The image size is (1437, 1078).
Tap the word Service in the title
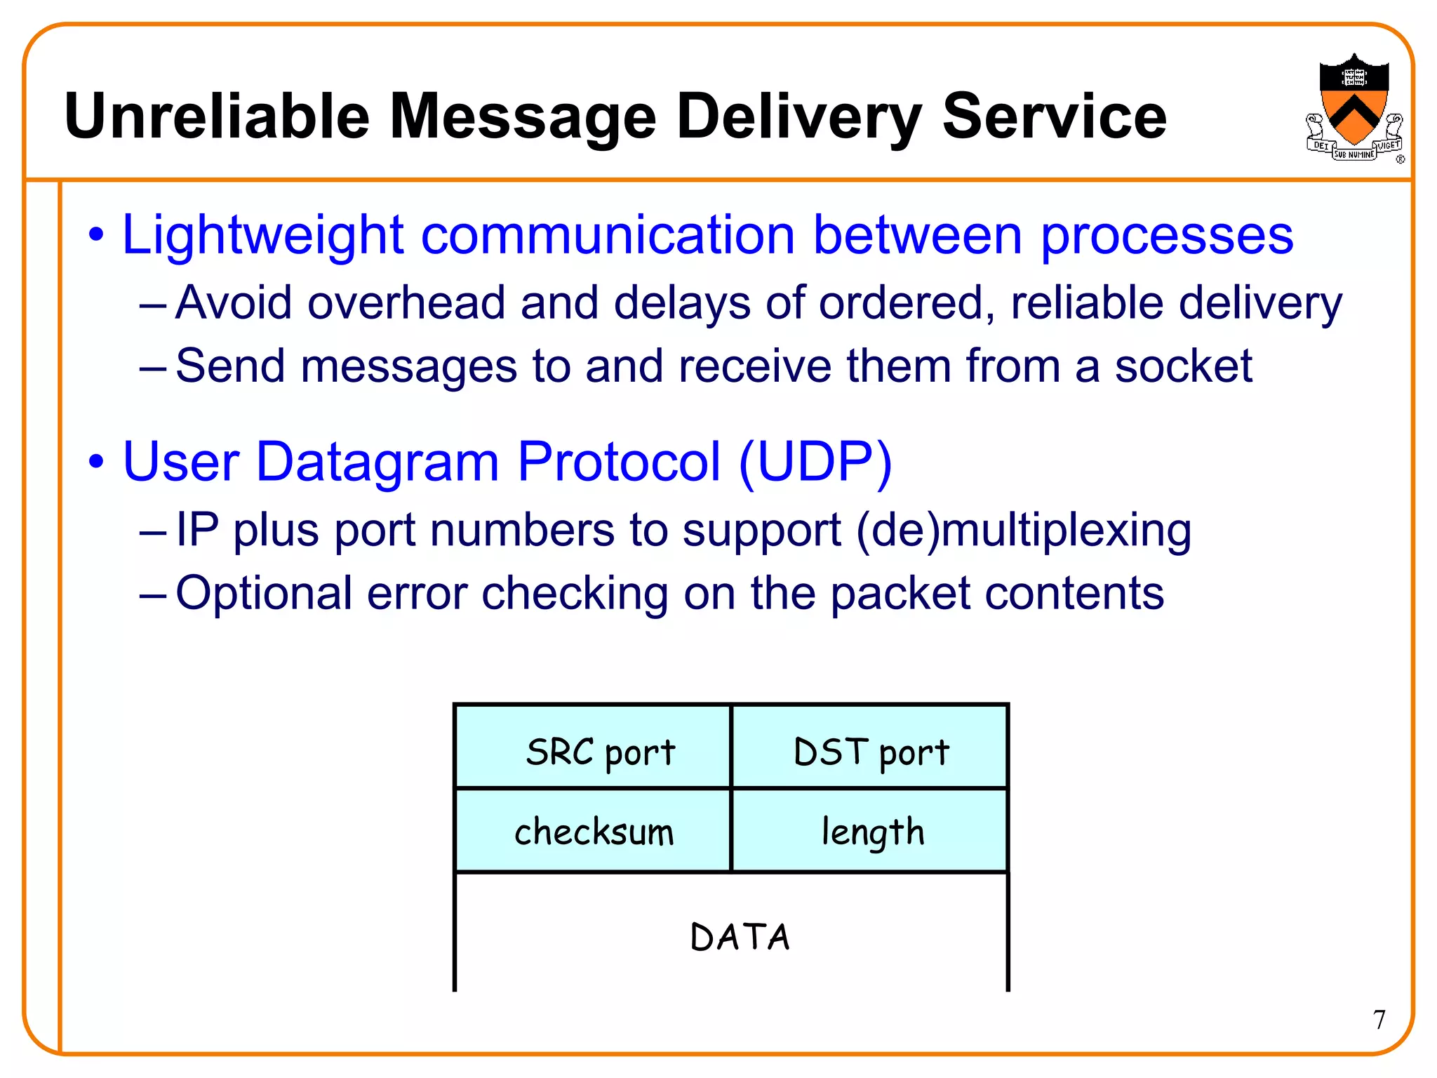click(1054, 117)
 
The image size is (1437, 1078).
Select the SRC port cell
click(593, 748)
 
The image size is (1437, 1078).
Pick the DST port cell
click(870, 748)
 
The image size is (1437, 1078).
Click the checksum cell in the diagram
click(593, 831)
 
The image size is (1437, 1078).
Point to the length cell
click(870, 831)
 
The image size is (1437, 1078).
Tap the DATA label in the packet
click(739, 937)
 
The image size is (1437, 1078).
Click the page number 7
click(1379, 1019)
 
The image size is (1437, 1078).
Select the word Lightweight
click(263, 235)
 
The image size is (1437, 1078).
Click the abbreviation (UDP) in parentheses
click(815, 462)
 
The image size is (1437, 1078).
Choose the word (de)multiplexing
click(1023, 530)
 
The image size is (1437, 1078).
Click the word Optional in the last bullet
click(264, 594)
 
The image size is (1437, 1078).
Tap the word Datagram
click(377, 462)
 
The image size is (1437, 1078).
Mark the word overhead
click(406, 303)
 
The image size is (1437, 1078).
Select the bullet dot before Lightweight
click(96, 236)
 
